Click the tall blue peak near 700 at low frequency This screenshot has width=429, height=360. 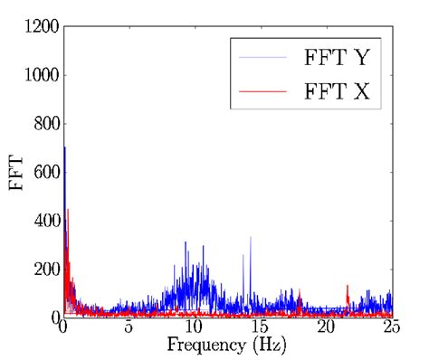[x=64, y=150]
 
